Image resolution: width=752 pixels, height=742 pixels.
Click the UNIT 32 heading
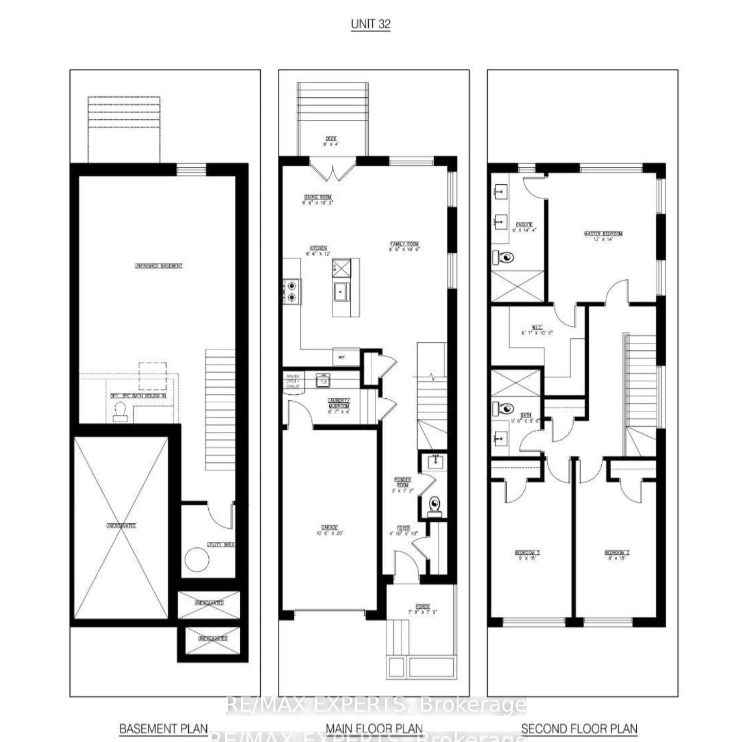tap(370, 24)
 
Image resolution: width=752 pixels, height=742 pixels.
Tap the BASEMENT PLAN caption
tap(164, 729)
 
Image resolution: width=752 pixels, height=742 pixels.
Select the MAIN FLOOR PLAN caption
tap(374, 729)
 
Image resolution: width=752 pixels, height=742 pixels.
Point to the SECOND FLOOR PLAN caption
tap(579, 729)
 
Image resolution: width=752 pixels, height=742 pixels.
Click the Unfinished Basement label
tap(158, 266)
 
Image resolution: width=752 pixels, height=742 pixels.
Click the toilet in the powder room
tap(435, 504)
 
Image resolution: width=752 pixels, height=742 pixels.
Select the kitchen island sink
tap(341, 292)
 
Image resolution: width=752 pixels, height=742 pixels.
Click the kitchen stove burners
tap(292, 291)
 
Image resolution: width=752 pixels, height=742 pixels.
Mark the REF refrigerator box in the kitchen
tap(342, 357)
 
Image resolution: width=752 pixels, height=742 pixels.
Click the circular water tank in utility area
tap(196, 560)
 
